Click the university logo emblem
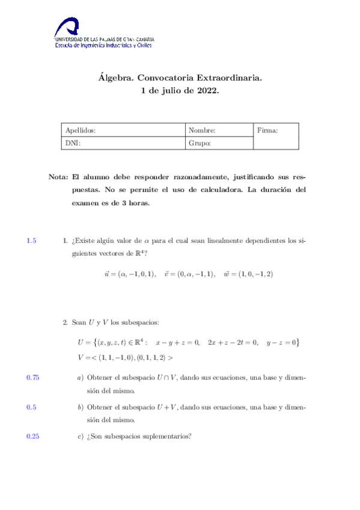(x=67, y=28)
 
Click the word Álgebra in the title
(x=116, y=78)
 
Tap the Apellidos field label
(x=81, y=130)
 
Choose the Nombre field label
(x=202, y=130)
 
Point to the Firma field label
(x=267, y=130)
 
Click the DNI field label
(x=72, y=143)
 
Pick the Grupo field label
(x=200, y=143)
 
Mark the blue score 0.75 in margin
(x=33, y=378)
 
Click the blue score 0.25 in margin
(x=33, y=437)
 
